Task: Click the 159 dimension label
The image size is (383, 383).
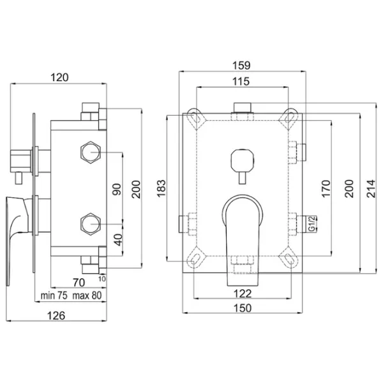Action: point(241,66)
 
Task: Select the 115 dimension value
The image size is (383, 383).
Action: point(241,81)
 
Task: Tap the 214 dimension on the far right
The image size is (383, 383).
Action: point(371,188)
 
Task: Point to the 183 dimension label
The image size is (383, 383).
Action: point(161,188)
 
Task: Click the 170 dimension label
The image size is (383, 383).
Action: point(326,188)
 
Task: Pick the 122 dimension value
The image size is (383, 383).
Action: point(243,294)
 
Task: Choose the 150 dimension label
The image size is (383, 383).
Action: point(243,308)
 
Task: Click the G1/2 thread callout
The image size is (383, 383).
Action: point(312,224)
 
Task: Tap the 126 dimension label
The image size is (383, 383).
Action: point(56,315)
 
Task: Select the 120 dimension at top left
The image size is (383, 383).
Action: point(59,77)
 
